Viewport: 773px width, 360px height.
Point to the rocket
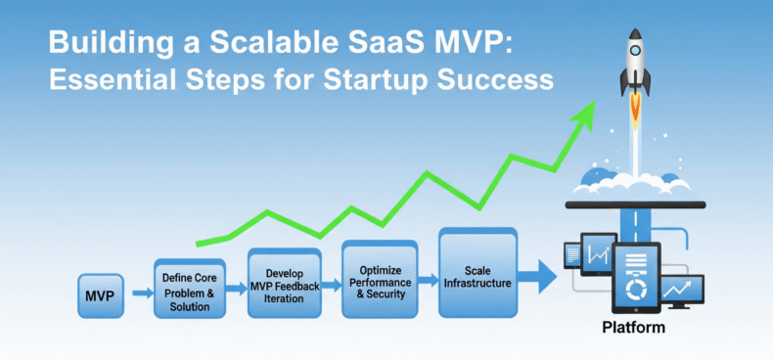pos(638,64)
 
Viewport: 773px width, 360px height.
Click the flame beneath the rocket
pos(637,112)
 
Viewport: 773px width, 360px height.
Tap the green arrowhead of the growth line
pos(584,109)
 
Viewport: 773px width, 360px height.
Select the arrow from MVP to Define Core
pos(140,292)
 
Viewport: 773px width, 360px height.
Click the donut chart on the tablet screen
pos(636,291)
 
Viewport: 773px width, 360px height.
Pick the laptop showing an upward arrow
pos(682,292)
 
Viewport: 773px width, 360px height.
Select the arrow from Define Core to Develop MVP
pos(235,288)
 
